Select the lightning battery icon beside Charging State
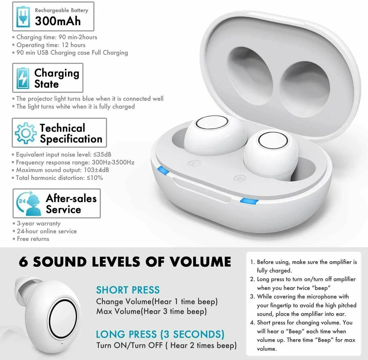click(23, 78)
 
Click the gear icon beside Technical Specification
click(26, 133)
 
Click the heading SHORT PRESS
click(128, 290)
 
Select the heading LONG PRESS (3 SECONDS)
click(160, 335)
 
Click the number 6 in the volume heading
click(24, 261)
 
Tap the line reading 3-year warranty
click(38, 223)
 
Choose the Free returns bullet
click(33, 239)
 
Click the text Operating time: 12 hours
click(51, 45)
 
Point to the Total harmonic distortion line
click(59, 178)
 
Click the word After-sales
click(71, 198)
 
